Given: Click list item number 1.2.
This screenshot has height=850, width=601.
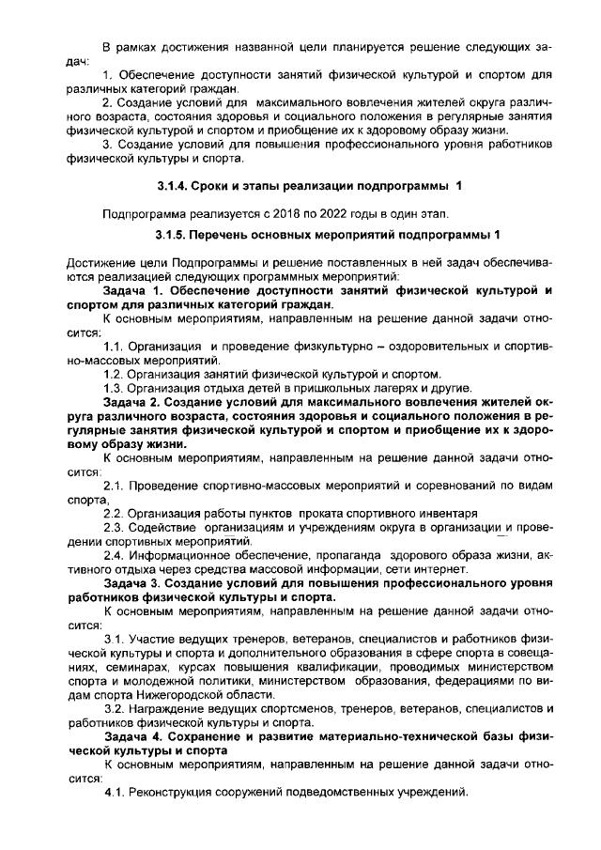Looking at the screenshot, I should coord(116,374).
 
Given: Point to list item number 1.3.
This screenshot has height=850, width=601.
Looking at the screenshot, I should coord(116,389).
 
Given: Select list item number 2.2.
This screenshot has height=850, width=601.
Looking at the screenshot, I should coord(116,513).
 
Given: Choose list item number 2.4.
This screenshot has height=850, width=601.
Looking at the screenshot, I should coord(116,555).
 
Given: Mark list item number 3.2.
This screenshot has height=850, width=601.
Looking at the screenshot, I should coord(116,708).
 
